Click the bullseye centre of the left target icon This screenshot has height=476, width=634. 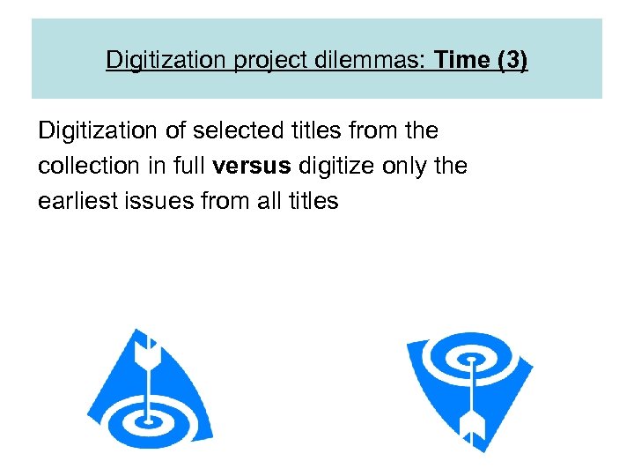point(149,413)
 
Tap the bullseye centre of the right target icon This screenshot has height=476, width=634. point(471,361)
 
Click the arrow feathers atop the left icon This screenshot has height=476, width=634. point(147,353)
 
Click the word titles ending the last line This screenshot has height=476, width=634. point(313,200)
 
